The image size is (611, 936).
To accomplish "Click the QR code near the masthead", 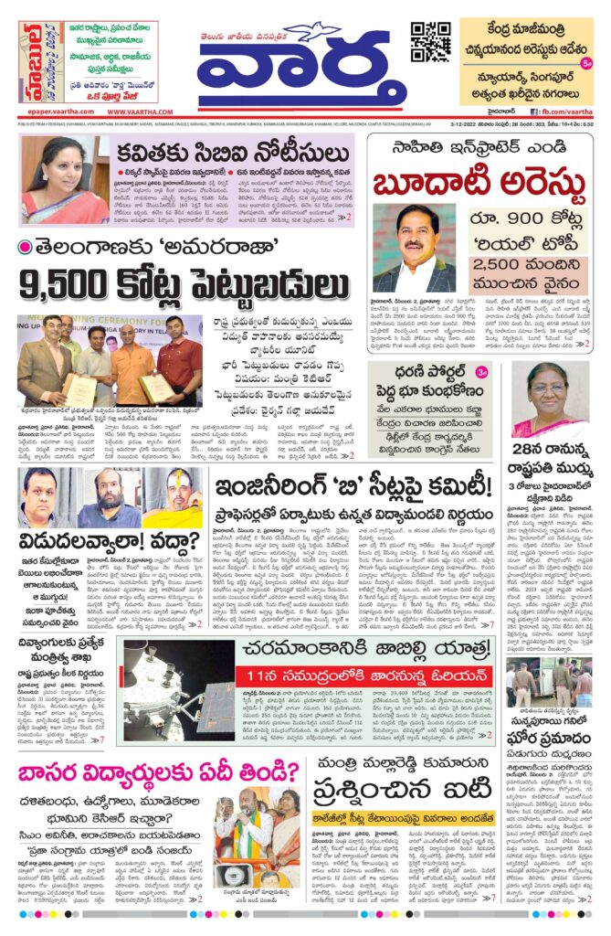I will (x=430, y=42).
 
